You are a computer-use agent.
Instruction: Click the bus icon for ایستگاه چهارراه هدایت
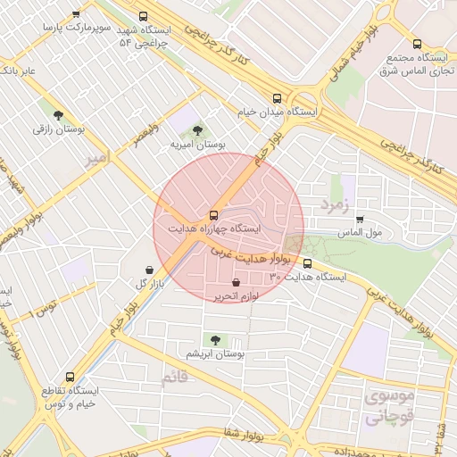(x=212, y=215)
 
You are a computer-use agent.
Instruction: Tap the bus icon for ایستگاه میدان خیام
(x=277, y=99)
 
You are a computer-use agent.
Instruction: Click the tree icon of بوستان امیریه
(x=197, y=130)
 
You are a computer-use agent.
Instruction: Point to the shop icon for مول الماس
(x=360, y=220)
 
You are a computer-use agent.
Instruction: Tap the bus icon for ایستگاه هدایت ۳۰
(x=308, y=263)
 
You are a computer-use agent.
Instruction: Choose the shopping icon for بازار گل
(x=148, y=270)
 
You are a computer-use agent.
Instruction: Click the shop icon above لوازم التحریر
(x=236, y=282)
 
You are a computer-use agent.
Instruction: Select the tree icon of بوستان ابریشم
(x=214, y=339)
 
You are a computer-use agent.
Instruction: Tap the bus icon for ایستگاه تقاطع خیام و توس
(x=71, y=377)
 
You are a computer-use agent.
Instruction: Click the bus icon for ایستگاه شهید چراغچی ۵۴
(x=144, y=16)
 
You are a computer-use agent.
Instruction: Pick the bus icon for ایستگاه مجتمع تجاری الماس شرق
(x=417, y=44)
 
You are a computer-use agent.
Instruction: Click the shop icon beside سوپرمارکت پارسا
(x=76, y=14)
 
